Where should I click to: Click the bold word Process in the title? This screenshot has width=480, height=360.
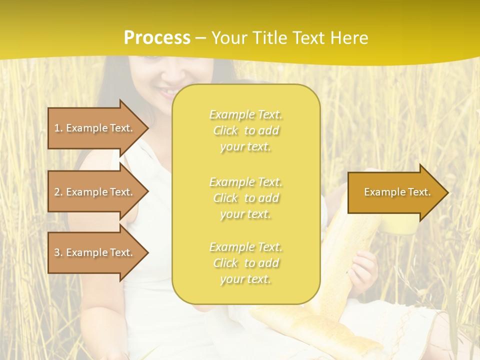point(157,38)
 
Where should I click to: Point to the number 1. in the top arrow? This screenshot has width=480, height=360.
point(58,128)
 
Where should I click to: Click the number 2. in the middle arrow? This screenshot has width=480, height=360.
point(58,192)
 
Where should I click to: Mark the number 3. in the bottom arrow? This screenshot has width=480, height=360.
point(58,253)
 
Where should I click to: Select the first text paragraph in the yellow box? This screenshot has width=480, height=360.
point(245,130)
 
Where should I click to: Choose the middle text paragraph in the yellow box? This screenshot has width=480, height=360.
point(245,198)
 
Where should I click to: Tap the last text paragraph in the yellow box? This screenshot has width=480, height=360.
point(245,263)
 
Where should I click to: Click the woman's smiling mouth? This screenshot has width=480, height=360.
point(167,92)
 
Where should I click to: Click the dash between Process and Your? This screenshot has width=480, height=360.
point(200,38)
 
